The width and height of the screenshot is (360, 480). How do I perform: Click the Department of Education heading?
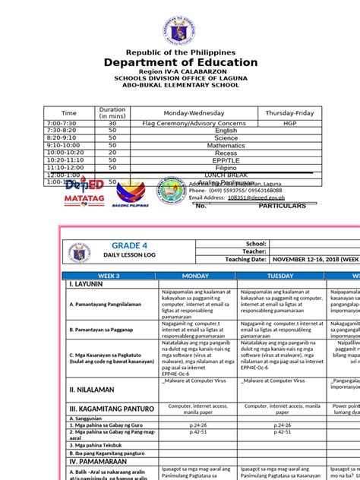tap(180, 62)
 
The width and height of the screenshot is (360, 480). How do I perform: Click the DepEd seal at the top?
tap(181, 23)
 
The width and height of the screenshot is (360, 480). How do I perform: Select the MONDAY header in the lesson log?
tap(197, 276)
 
